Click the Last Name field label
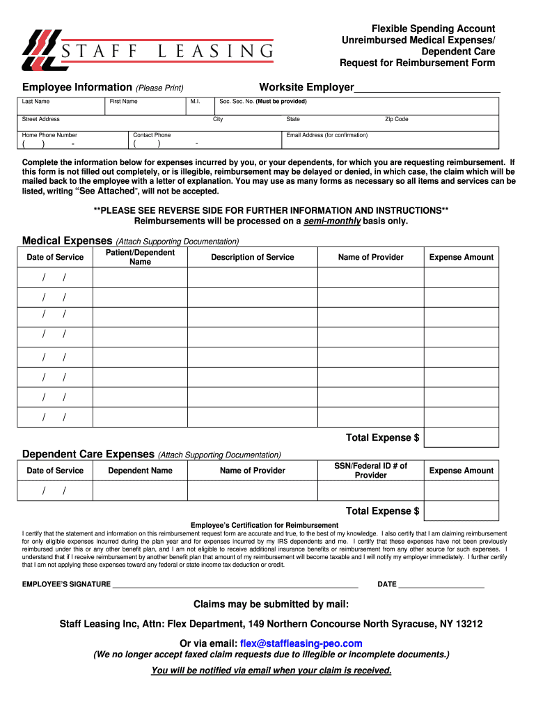pos(36,102)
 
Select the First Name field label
pos(124,102)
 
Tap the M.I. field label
pos(195,102)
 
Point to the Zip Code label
pos(397,119)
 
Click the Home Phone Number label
pos(49,135)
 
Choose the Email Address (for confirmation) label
pos(327,135)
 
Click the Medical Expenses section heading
pos(67,241)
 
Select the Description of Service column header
pos(252,258)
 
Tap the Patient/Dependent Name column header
pos(140,257)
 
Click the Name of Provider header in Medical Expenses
pos(370,258)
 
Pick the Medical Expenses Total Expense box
pos(461,437)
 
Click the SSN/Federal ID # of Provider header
pos(370,471)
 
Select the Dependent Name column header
pos(140,471)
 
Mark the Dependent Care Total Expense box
pos(461,511)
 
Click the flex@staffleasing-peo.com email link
pos(301,643)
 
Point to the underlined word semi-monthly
pos(333,221)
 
